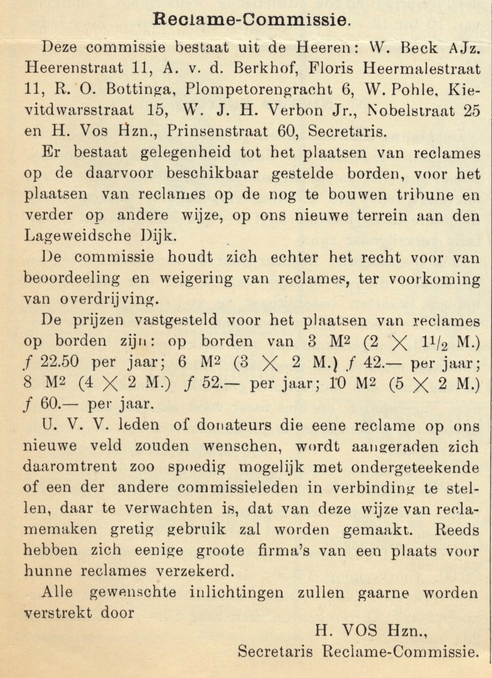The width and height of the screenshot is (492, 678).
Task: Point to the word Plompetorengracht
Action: (259, 89)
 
